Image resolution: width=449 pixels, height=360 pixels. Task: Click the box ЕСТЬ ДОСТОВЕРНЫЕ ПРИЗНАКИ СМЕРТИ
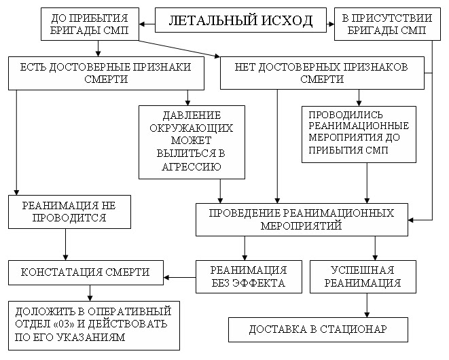coord(105,73)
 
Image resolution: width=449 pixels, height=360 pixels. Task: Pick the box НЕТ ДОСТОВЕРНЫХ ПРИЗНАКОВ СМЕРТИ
coord(322,73)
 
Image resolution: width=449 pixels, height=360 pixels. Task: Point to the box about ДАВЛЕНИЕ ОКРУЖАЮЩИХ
coord(191,141)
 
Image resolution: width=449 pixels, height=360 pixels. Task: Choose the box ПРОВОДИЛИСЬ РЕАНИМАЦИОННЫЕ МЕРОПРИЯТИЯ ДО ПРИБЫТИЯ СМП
coord(358,132)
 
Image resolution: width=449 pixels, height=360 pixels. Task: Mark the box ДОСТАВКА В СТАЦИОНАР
coord(317,329)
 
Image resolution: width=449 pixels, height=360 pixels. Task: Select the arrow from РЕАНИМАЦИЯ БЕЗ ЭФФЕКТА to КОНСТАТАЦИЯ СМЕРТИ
coord(181,276)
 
